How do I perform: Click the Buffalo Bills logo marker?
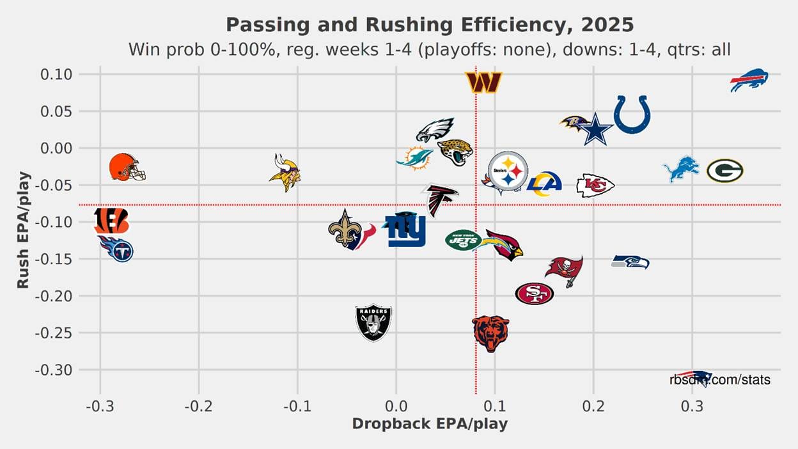(x=749, y=81)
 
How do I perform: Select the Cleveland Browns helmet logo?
(x=127, y=166)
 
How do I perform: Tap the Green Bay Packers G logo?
(x=724, y=171)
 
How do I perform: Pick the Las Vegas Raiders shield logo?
(x=373, y=322)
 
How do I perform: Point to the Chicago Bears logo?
(x=490, y=333)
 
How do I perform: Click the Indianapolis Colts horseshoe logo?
(x=632, y=114)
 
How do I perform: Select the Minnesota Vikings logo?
(x=285, y=172)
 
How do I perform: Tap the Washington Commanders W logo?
(x=483, y=82)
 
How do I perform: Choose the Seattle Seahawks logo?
(x=630, y=262)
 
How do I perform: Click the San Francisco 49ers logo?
(x=534, y=294)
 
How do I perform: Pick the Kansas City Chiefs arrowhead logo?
(x=595, y=185)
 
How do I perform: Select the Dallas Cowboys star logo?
(x=596, y=129)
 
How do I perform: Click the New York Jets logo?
(x=464, y=240)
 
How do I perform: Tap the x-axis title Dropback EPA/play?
(x=430, y=424)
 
